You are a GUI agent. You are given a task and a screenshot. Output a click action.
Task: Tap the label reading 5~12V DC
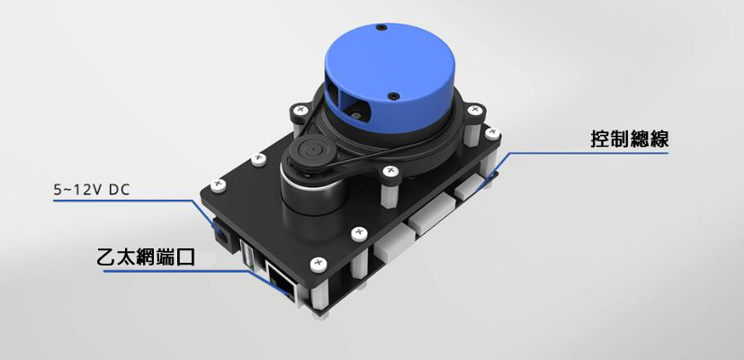pos(92,190)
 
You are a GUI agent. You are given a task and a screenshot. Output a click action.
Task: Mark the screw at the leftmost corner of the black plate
pos(218,186)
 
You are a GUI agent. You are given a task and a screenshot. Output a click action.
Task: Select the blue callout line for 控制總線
pos(585,153)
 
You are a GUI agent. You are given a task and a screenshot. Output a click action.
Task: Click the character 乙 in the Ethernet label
pos(105,256)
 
